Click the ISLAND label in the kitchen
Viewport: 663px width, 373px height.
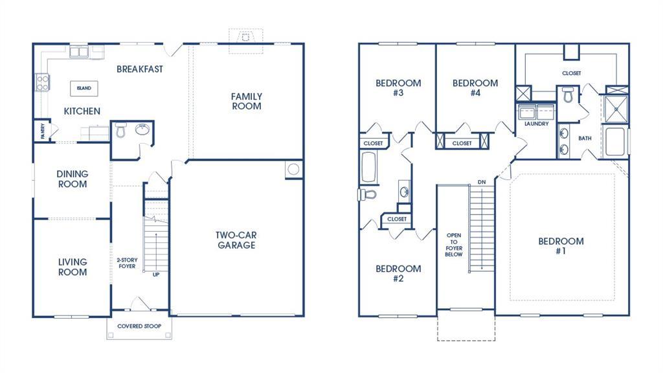[84, 88]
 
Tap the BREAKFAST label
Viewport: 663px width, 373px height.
[140, 69]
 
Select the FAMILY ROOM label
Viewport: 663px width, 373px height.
[247, 101]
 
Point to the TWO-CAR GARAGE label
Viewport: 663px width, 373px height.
[236, 240]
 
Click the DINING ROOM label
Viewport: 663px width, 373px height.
[73, 179]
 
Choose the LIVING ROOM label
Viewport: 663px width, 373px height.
[73, 267]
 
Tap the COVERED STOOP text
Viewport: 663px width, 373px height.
[139, 326]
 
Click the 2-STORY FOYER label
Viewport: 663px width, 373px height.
[127, 263]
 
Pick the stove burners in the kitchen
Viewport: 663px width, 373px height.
[42, 82]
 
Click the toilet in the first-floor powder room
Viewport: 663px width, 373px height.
[120, 131]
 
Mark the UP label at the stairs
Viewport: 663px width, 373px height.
[156, 275]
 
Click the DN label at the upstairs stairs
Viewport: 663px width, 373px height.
[482, 182]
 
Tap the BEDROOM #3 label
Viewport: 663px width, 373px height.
[398, 87]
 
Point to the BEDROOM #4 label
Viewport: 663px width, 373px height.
[475, 87]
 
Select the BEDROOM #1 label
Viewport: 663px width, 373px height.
[561, 246]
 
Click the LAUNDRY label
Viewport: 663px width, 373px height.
[537, 124]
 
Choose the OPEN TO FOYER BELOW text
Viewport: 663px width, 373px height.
[453, 244]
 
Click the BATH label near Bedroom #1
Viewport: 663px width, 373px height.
[585, 138]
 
